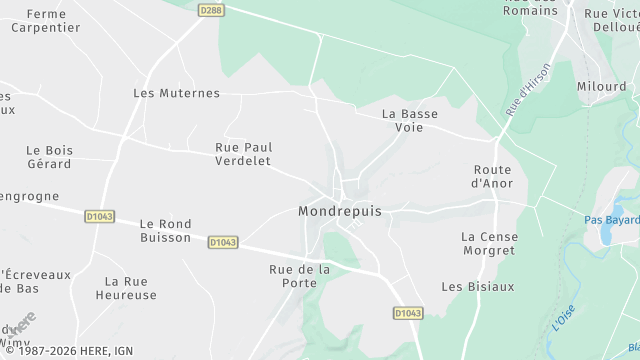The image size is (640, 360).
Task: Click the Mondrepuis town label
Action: click(x=340, y=212)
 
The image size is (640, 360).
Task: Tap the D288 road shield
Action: click(x=210, y=10)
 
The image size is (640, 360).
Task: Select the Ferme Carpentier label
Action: click(x=46, y=21)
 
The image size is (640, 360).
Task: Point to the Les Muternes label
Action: click(x=176, y=93)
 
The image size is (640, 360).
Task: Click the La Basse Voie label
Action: click(x=410, y=120)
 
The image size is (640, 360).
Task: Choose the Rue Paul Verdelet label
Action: click(x=244, y=154)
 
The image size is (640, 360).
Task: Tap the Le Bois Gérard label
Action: click(x=49, y=157)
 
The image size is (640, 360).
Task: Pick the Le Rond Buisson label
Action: click(x=165, y=231)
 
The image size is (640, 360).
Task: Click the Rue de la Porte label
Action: click(x=300, y=276)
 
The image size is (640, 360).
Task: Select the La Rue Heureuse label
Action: click(x=126, y=288)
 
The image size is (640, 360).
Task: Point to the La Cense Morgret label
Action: click(x=489, y=243)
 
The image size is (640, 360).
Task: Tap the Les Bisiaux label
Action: click(x=478, y=286)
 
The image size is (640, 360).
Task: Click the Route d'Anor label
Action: click(x=492, y=176)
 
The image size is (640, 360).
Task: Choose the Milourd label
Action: click(x=601, y=87)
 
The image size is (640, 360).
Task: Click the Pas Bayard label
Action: click(x=611, y=219)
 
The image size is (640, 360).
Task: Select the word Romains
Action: click(x=531, y=10)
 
